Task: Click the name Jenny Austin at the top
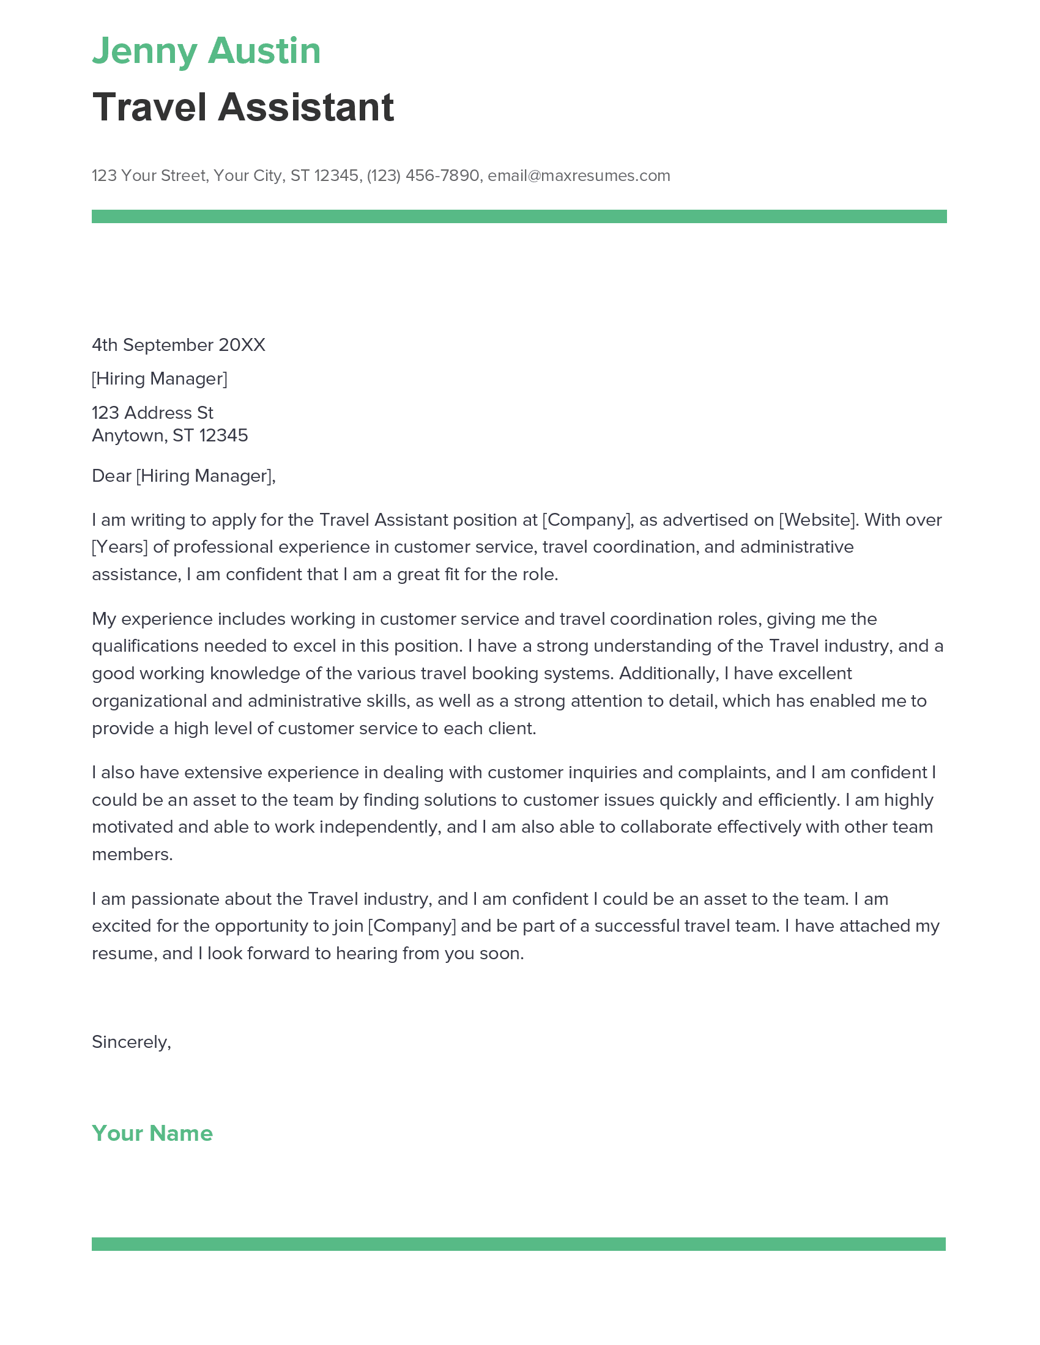click(206, 51)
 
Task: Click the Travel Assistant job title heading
click(243, 107)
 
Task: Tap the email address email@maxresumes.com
click(579, 175)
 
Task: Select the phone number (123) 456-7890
click(423, 175)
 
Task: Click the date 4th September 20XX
click(178, 345)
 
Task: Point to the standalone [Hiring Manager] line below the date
click(160, 379)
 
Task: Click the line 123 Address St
click(152, 413)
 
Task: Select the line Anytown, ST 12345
click(169, 435)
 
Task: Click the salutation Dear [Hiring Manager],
click(184, 476)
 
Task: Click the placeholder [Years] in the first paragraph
click(119, 548)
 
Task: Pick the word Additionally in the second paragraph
click(669, 674)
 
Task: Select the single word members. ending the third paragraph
click(133, 855)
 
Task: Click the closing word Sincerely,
click(132, 1042)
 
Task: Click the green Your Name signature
click(152, 1133)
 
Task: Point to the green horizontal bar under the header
click(519, 216)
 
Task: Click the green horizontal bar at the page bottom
click(519, 1244)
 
